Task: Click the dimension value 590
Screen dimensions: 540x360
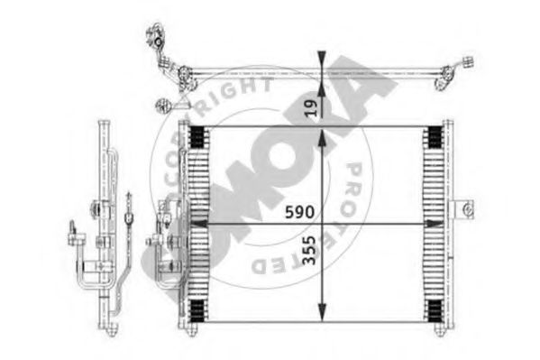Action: [299, 212]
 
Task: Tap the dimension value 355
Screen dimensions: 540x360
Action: [308, 250]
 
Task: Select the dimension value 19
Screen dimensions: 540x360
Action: [311, 108]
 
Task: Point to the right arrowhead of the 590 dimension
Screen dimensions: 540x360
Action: [435, 224]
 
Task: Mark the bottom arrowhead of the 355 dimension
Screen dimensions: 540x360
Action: [322, 312]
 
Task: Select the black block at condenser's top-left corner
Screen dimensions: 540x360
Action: [197, 137]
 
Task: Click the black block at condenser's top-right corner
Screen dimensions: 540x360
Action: [435, 137]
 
